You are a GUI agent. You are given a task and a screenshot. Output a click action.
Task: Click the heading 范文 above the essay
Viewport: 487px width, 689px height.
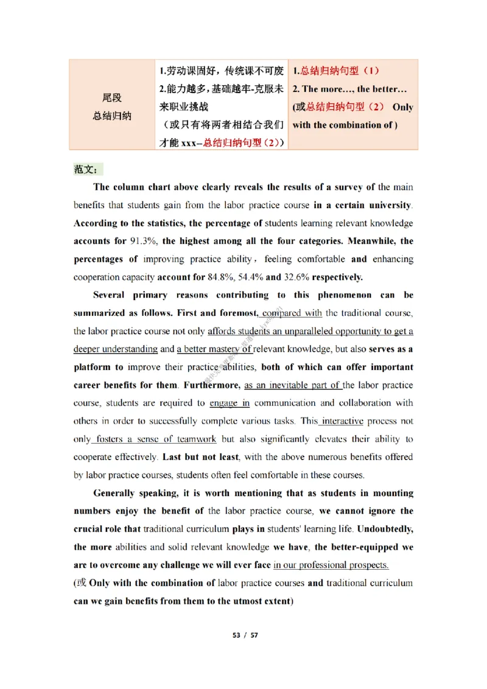[84, 167]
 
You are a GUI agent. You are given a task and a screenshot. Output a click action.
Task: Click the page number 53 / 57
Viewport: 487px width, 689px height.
[245, 635]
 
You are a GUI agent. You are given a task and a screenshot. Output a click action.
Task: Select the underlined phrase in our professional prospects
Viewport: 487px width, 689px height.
[331, 565]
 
